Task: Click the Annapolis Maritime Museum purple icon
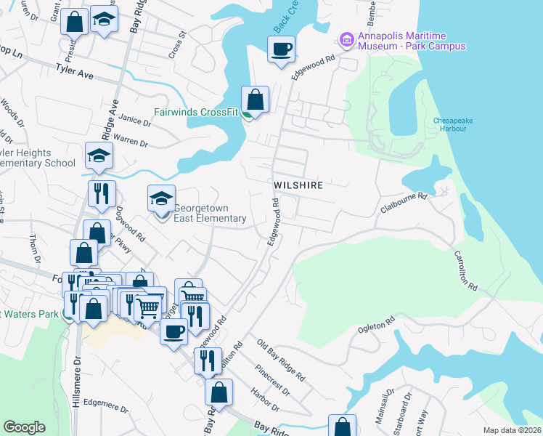346,38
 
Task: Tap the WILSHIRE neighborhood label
298,185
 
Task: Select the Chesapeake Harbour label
450,124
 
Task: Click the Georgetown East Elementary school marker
161,198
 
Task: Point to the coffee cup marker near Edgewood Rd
281,50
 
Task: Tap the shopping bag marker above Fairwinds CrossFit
255,100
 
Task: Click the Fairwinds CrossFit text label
197,113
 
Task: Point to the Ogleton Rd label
376,326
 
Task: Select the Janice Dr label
134,121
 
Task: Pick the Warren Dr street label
131,138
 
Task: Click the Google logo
24,427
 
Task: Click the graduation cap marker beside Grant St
105,22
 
